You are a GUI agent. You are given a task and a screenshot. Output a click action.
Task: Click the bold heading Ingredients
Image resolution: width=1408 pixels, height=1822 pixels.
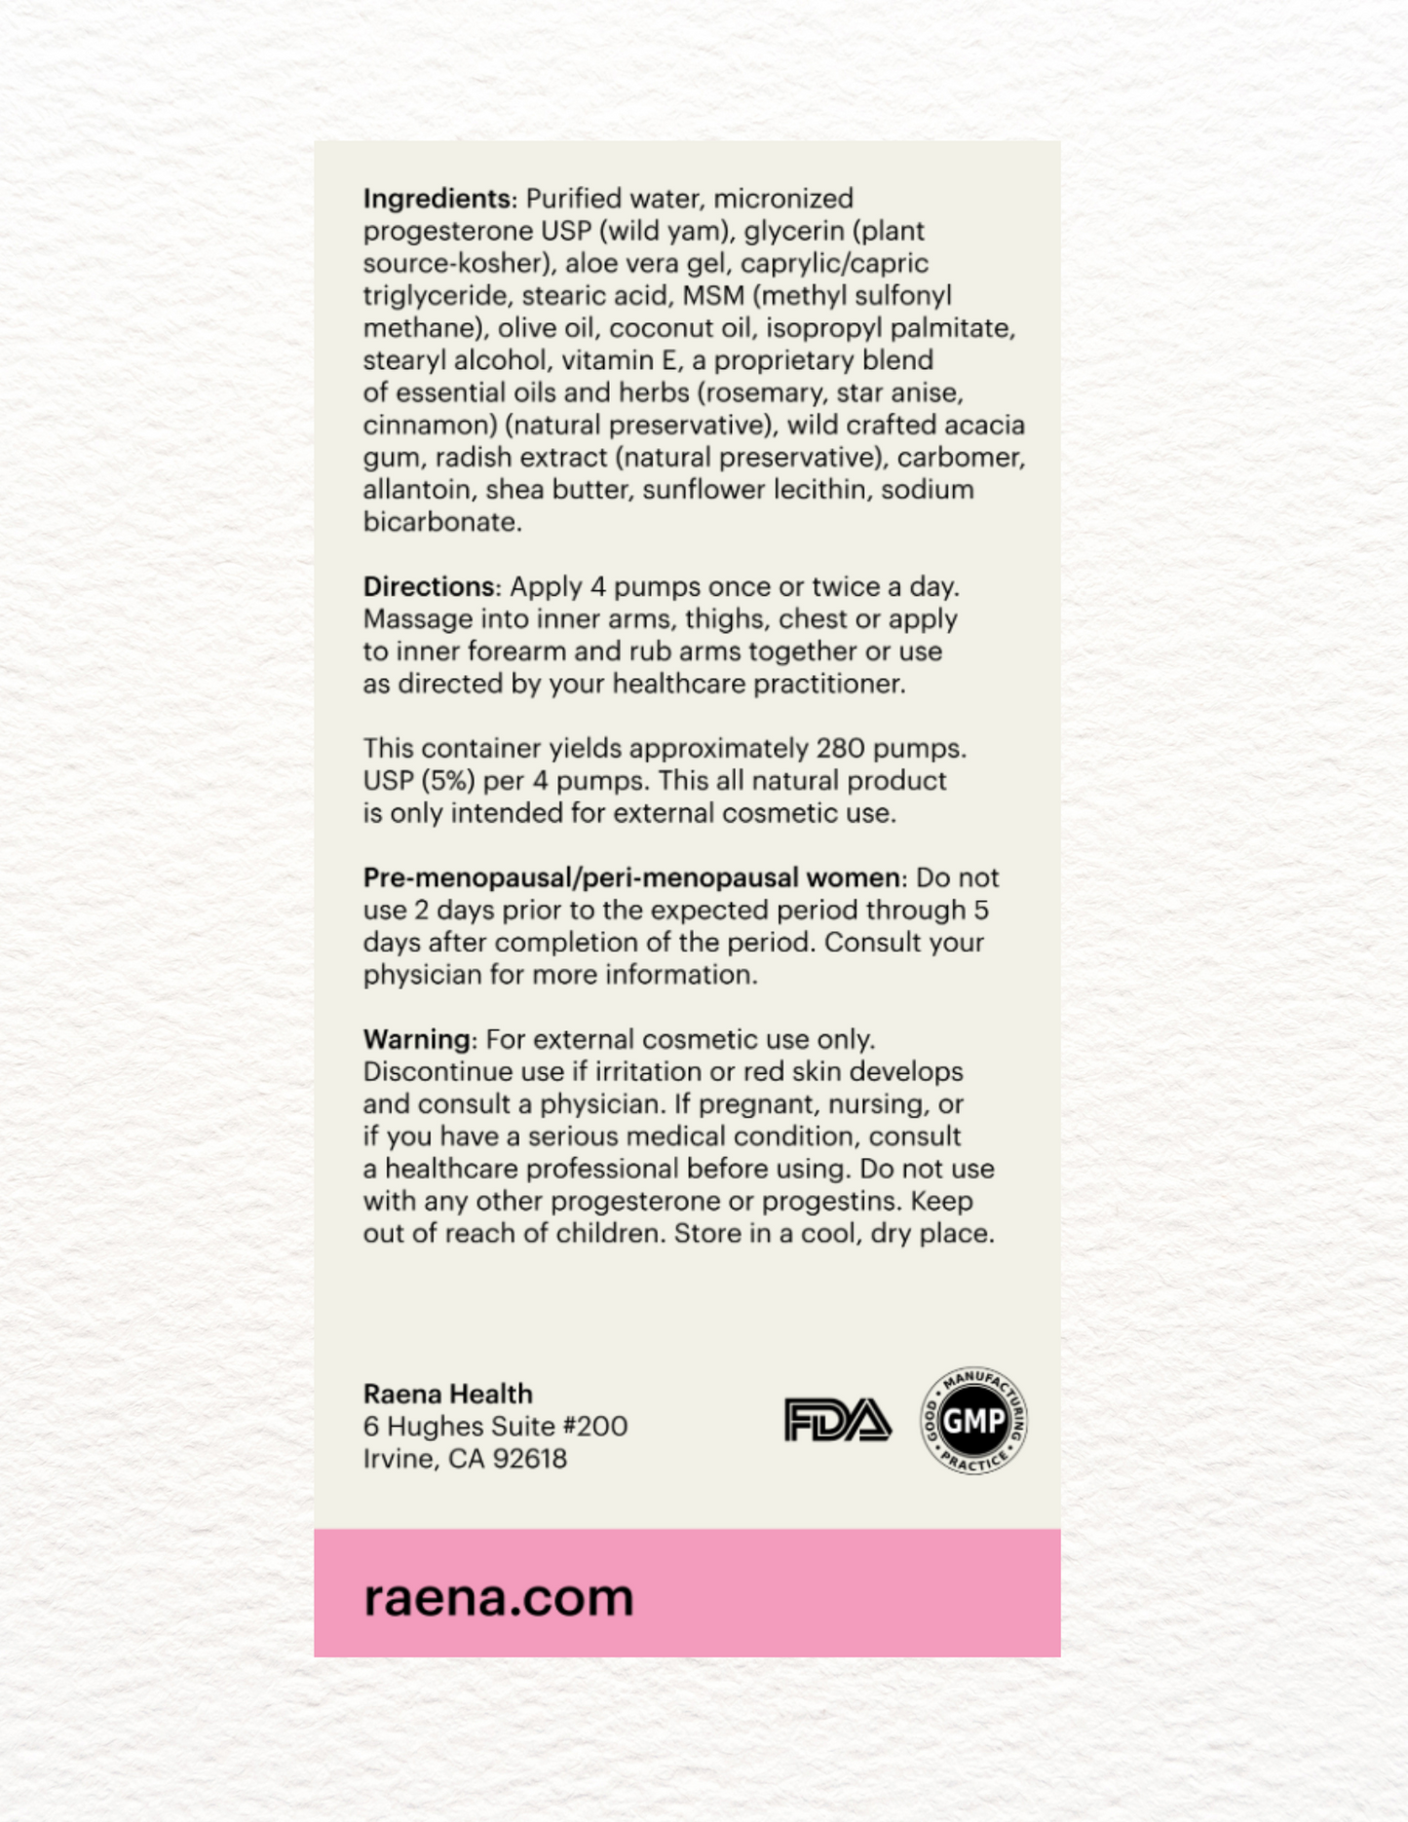point(437,199)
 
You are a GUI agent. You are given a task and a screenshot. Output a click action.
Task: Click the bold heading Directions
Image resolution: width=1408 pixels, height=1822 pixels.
point(429,587)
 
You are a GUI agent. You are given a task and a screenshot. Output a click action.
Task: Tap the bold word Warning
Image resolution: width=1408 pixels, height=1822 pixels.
point(416,1040)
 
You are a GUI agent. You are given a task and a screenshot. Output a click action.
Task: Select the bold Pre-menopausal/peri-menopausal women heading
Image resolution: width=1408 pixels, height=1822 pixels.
point(631,878)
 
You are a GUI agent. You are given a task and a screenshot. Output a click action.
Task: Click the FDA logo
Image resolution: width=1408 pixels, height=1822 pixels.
point(837,1421)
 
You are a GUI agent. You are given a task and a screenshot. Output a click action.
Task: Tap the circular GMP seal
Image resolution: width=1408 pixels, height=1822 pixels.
point(973,1421)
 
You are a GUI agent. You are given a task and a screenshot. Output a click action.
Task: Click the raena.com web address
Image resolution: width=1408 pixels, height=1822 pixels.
point(498,1598)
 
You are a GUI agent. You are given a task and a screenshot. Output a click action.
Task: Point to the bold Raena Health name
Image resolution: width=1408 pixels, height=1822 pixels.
point(447,1394)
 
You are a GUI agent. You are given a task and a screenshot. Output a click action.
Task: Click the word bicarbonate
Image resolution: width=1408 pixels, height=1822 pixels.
point(440,522)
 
